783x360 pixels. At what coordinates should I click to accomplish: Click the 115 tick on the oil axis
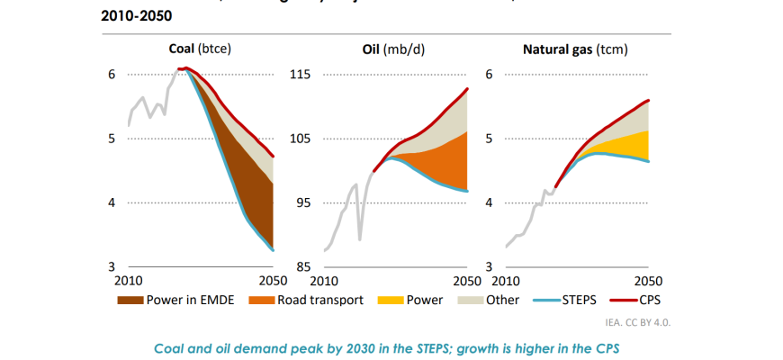(x=299, y=75)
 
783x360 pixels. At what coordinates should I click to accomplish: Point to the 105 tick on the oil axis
(x=299, y=139)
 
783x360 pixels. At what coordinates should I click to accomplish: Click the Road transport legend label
(x=320, y=300)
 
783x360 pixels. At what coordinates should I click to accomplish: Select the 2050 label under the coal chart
(x=266, y=280)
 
